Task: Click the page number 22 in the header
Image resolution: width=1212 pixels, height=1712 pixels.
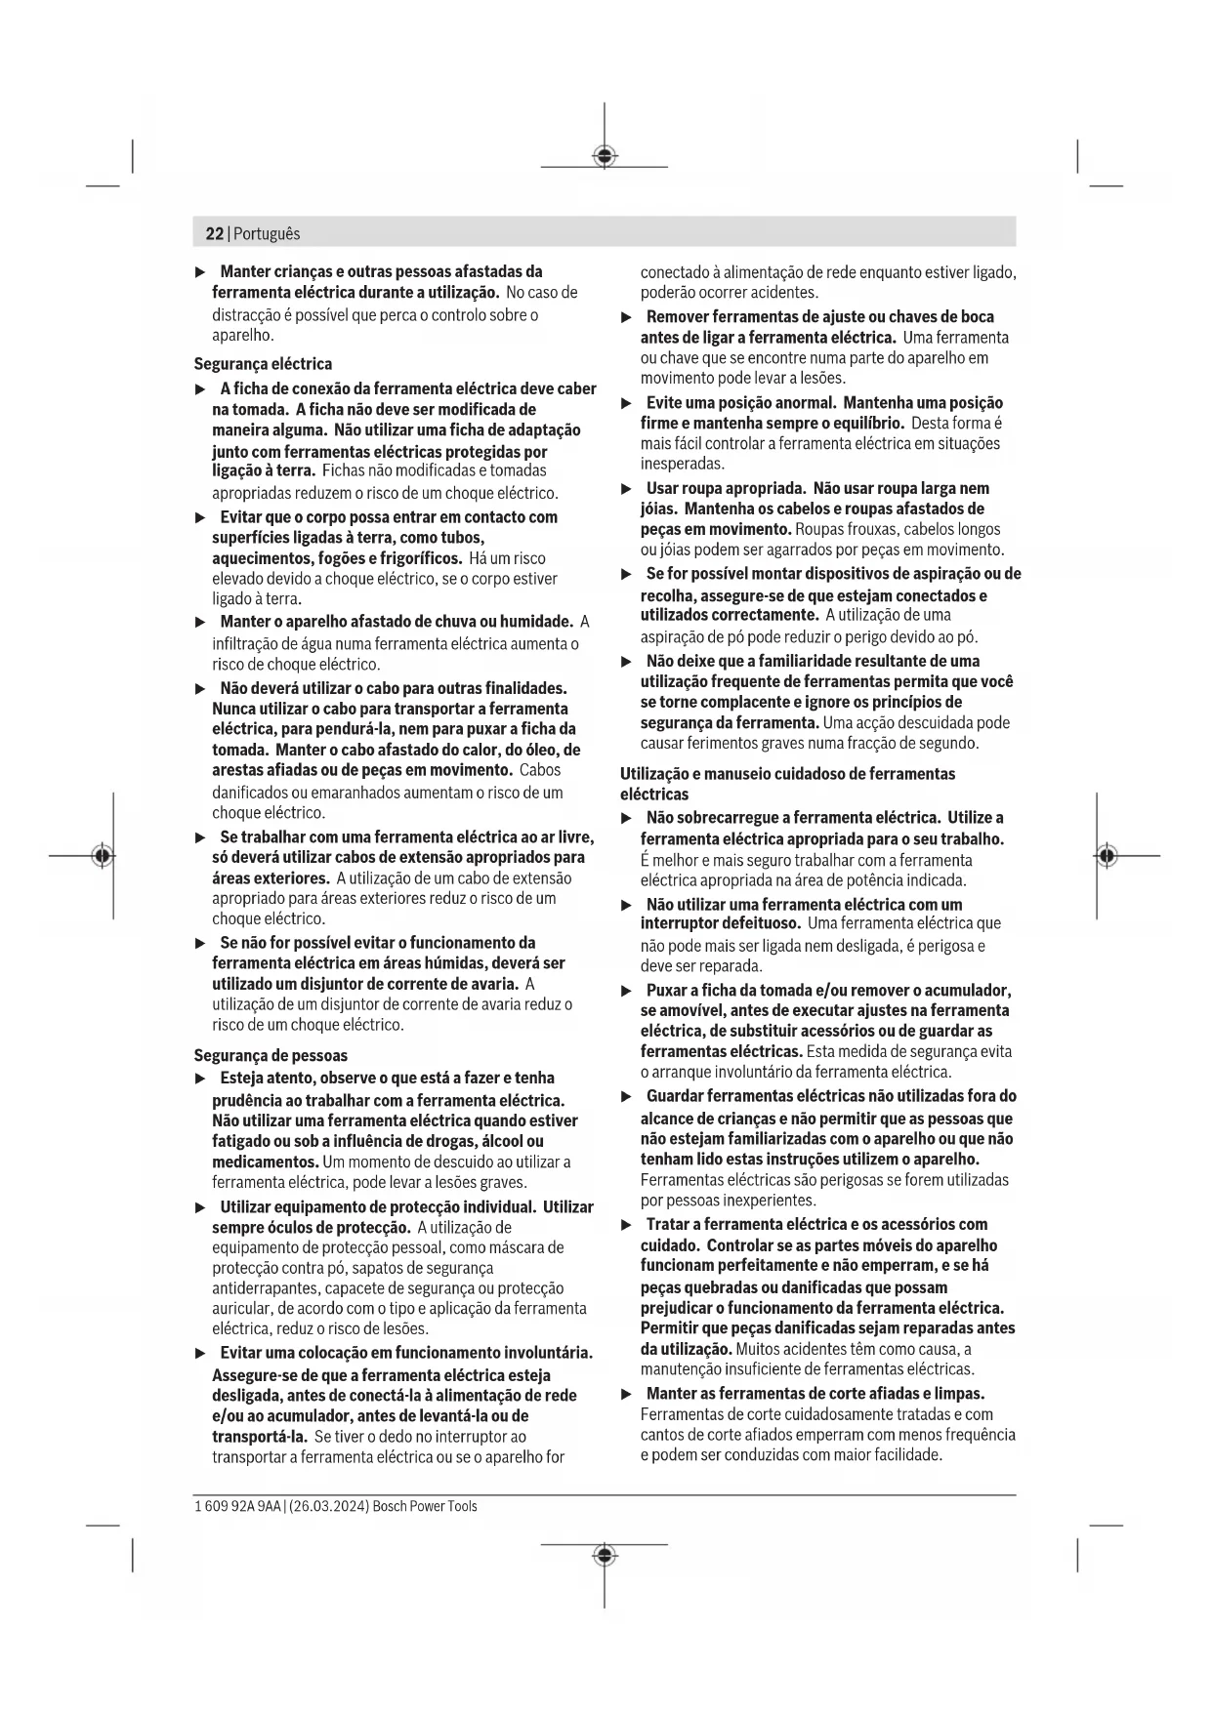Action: pos(214,234)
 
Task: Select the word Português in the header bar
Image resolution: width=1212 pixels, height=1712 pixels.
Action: pos(267,234)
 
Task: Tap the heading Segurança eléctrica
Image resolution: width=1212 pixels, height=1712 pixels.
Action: pos(263,364)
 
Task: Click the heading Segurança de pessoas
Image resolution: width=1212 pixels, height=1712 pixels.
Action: pos(271,1055)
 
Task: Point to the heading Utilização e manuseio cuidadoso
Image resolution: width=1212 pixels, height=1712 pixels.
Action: pos(787,774)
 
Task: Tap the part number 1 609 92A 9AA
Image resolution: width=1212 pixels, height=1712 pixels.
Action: pos(237,1506)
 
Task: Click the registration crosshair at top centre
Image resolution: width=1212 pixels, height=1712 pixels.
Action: pos(605,156)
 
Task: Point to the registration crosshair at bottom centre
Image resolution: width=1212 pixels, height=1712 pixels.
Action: pos(605,1555)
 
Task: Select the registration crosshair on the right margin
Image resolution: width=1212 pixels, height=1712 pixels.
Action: pos(1107,856)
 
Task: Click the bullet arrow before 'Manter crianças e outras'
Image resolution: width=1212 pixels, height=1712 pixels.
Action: pos(201,271)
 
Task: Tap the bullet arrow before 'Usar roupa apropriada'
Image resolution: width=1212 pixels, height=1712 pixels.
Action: pos(627,488)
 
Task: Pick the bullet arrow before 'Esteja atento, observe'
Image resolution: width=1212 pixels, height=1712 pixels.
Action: pos(201,1079)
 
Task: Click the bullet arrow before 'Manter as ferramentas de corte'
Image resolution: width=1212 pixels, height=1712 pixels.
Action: pos(627,1394)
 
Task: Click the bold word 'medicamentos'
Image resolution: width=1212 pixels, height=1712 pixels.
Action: pos(266,1162)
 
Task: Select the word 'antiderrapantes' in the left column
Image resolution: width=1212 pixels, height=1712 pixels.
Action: pos(263,1288)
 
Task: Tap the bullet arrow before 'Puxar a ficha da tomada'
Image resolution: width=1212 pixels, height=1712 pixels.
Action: pos(627,991)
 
